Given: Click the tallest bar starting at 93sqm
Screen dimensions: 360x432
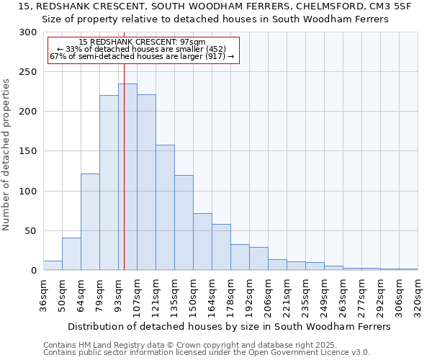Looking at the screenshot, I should tap(127, 177).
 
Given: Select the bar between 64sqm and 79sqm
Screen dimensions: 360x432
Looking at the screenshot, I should tap(90, 222).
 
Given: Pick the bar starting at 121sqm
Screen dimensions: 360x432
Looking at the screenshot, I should tap(165, 207).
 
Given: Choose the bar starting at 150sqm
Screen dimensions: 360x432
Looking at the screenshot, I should tap(202, 242).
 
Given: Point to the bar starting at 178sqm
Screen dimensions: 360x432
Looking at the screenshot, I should tap(240, 257).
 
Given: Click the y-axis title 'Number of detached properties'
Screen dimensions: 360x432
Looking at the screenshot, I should tap(6, 155).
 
